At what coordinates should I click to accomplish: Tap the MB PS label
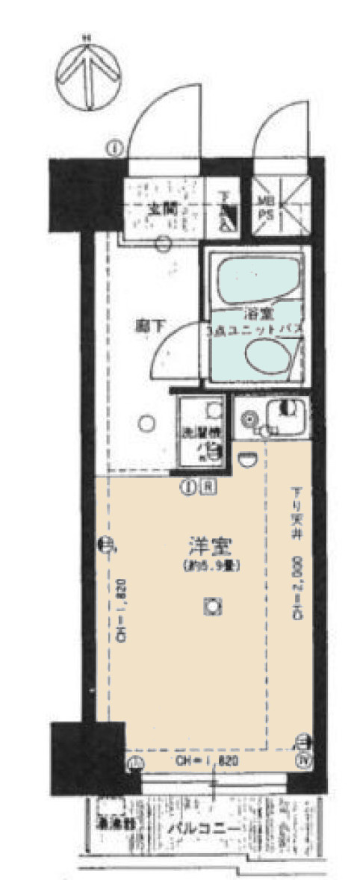coord(266,206)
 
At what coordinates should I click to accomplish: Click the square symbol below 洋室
coord(212,607)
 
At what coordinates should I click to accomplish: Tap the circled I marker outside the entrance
coord(114,147)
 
